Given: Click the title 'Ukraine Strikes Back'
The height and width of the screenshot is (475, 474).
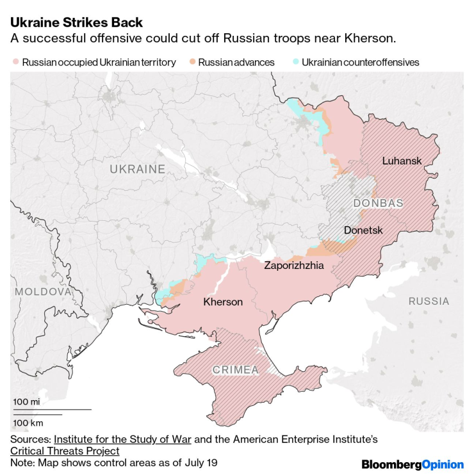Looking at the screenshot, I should [x=76, y=23].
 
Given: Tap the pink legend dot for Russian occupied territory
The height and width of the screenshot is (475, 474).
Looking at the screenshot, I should [x=15, y=63].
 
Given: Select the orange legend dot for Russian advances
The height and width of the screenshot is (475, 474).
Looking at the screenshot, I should [x=192, y=63].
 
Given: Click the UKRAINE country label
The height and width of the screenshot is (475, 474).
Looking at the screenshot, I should [x=137, y=169].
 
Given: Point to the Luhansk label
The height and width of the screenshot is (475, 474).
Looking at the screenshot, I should [x=402, y=161].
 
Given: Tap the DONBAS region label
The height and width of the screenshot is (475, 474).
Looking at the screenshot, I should [x=378, y=203].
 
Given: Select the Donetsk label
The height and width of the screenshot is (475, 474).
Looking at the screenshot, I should [x=363, y=230].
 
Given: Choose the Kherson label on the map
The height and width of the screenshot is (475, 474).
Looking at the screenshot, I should [x=223, y=302].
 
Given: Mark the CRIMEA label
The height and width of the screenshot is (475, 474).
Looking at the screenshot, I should [x=235, y=369].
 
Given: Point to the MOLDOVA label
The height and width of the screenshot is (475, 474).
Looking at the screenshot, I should [x=43, y=291].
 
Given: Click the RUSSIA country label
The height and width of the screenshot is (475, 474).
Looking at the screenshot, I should [x=429, y=301].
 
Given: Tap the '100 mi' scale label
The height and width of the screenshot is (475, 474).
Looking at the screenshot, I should [x=26, y=401].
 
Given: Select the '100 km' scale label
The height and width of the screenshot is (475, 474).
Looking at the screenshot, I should [x=28, y=423].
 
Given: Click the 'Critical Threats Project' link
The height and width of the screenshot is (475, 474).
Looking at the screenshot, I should [x=65, y=451].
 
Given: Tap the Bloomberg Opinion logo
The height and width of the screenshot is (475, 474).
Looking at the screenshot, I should [x=412, y=463].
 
